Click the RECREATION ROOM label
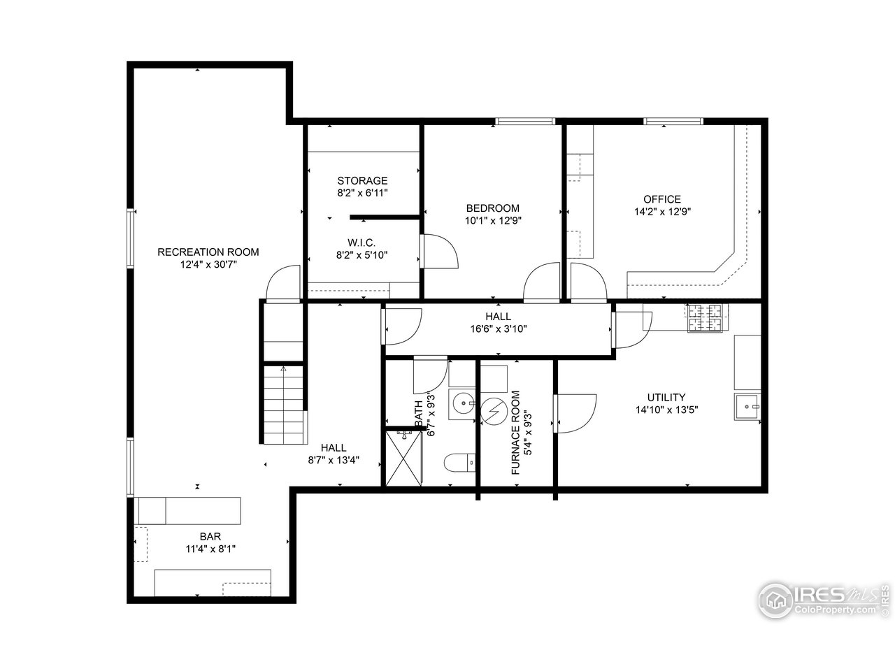click(208, 252)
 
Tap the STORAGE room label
click(362, 181)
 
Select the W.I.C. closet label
click(361, 243)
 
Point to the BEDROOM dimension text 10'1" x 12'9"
click(493, 220)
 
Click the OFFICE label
click(661, 199)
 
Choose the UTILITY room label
click(666, 397)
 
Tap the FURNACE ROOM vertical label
click(516, 433)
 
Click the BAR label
click(210, 536)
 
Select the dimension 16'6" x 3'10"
click(498, 329)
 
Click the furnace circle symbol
click(494, 411)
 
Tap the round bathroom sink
click(461, 403)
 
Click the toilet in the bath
click(459, 462)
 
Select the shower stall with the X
click(405, 459)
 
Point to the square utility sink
click(747, 406)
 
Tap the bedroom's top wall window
click(527, 122)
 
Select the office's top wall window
click(673, 122)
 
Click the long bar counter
click(189, 510)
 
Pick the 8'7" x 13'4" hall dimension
click(334, 460)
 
